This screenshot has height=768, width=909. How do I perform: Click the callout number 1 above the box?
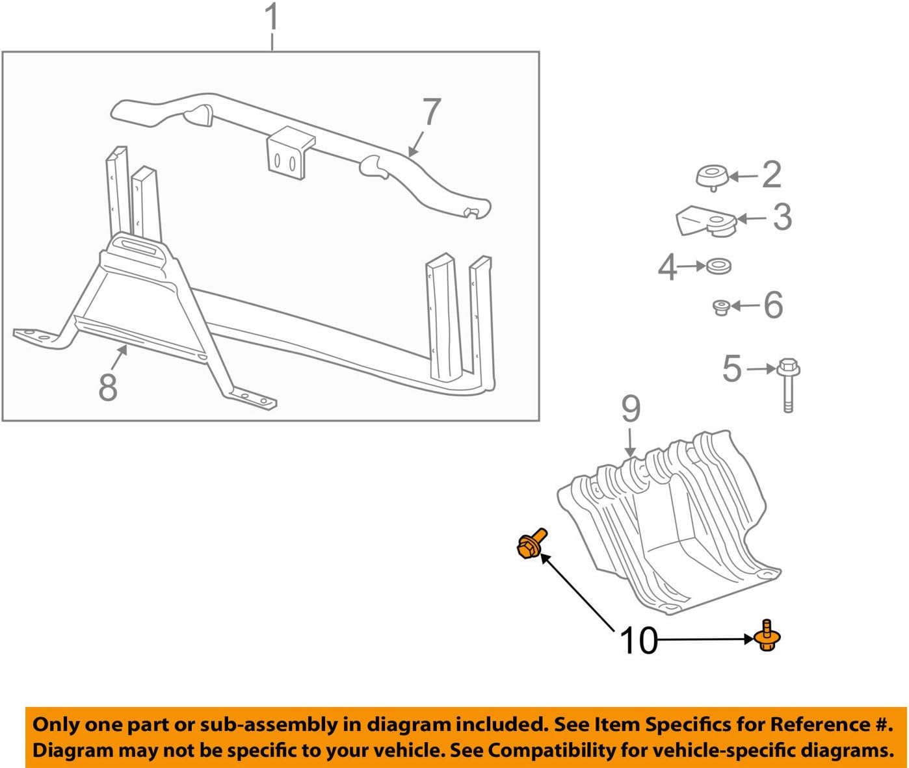272,18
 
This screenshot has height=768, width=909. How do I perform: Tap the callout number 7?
431,112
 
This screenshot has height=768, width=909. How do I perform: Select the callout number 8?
107,387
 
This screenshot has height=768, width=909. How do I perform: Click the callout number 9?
630,409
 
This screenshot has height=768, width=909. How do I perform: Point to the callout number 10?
639,641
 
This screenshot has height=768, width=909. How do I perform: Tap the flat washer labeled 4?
718,266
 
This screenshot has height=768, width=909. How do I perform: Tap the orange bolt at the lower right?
768,636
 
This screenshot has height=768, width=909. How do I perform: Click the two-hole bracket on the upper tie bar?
285,153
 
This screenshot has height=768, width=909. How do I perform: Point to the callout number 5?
731,369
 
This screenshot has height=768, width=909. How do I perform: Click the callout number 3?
782,217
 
